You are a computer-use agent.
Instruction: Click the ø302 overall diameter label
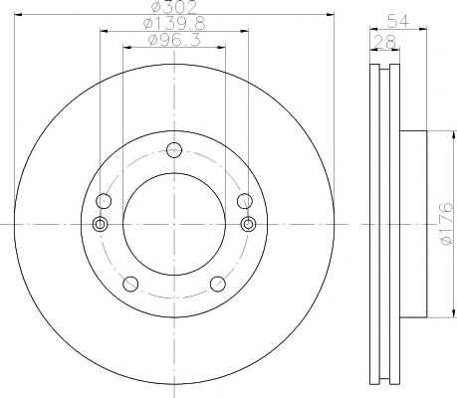(x=174, y=7)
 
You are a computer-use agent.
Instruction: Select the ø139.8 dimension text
(x=174, y=23)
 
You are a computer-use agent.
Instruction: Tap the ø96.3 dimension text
(x=174, y=40)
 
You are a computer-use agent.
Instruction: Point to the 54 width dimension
(x=398, y=21)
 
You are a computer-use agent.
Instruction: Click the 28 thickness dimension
(x=385, y=42)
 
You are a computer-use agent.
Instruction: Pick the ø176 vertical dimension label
(x=446, y=224)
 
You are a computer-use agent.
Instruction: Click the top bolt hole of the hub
(x=174, y=150)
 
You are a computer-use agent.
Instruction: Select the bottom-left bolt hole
(x=130, y=284)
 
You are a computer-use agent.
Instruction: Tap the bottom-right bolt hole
(x=218, y=284)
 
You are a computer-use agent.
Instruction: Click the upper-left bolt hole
(x=104, y=201)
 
